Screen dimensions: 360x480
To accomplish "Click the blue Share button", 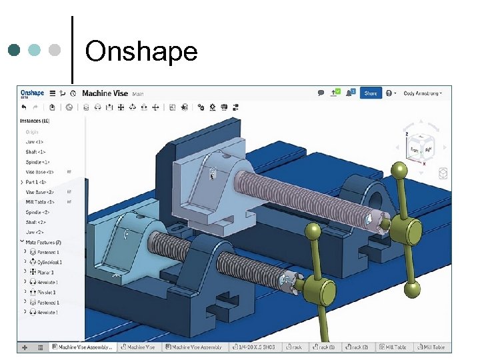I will [x=371, y=93].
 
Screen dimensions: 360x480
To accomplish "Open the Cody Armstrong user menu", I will [x=423, y=93].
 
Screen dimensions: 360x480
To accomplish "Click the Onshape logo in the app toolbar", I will [x=31, y=93].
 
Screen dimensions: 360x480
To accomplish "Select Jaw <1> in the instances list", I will [x=34, y=142].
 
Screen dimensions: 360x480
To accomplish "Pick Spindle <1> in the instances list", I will [x=37, y=162].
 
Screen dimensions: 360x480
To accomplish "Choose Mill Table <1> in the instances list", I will [x=40, y=202].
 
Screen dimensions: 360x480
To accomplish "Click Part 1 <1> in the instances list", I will [x=36, y=182].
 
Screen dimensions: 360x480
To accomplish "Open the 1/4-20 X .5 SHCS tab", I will [x=256, y=347].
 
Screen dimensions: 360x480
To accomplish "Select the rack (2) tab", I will [x=360, y=347].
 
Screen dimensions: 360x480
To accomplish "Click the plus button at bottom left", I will [x=25, y=347].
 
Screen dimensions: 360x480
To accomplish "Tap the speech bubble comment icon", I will [x=321, y=93].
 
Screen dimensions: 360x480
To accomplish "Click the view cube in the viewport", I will [x=419, y=149].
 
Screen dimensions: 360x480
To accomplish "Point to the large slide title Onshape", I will [x=141, y=51].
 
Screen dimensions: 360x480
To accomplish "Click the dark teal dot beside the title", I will [x=15, y=50].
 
